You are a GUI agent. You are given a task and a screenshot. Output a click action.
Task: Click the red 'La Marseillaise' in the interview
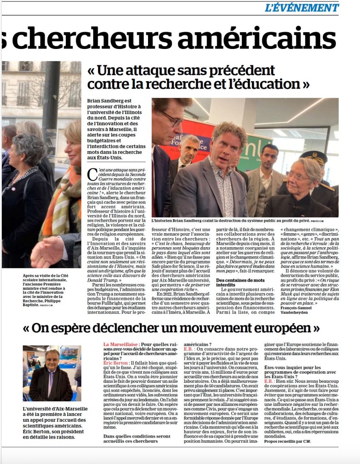[120, 344]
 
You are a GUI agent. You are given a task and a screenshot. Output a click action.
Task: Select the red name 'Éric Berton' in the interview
[116, 364]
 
